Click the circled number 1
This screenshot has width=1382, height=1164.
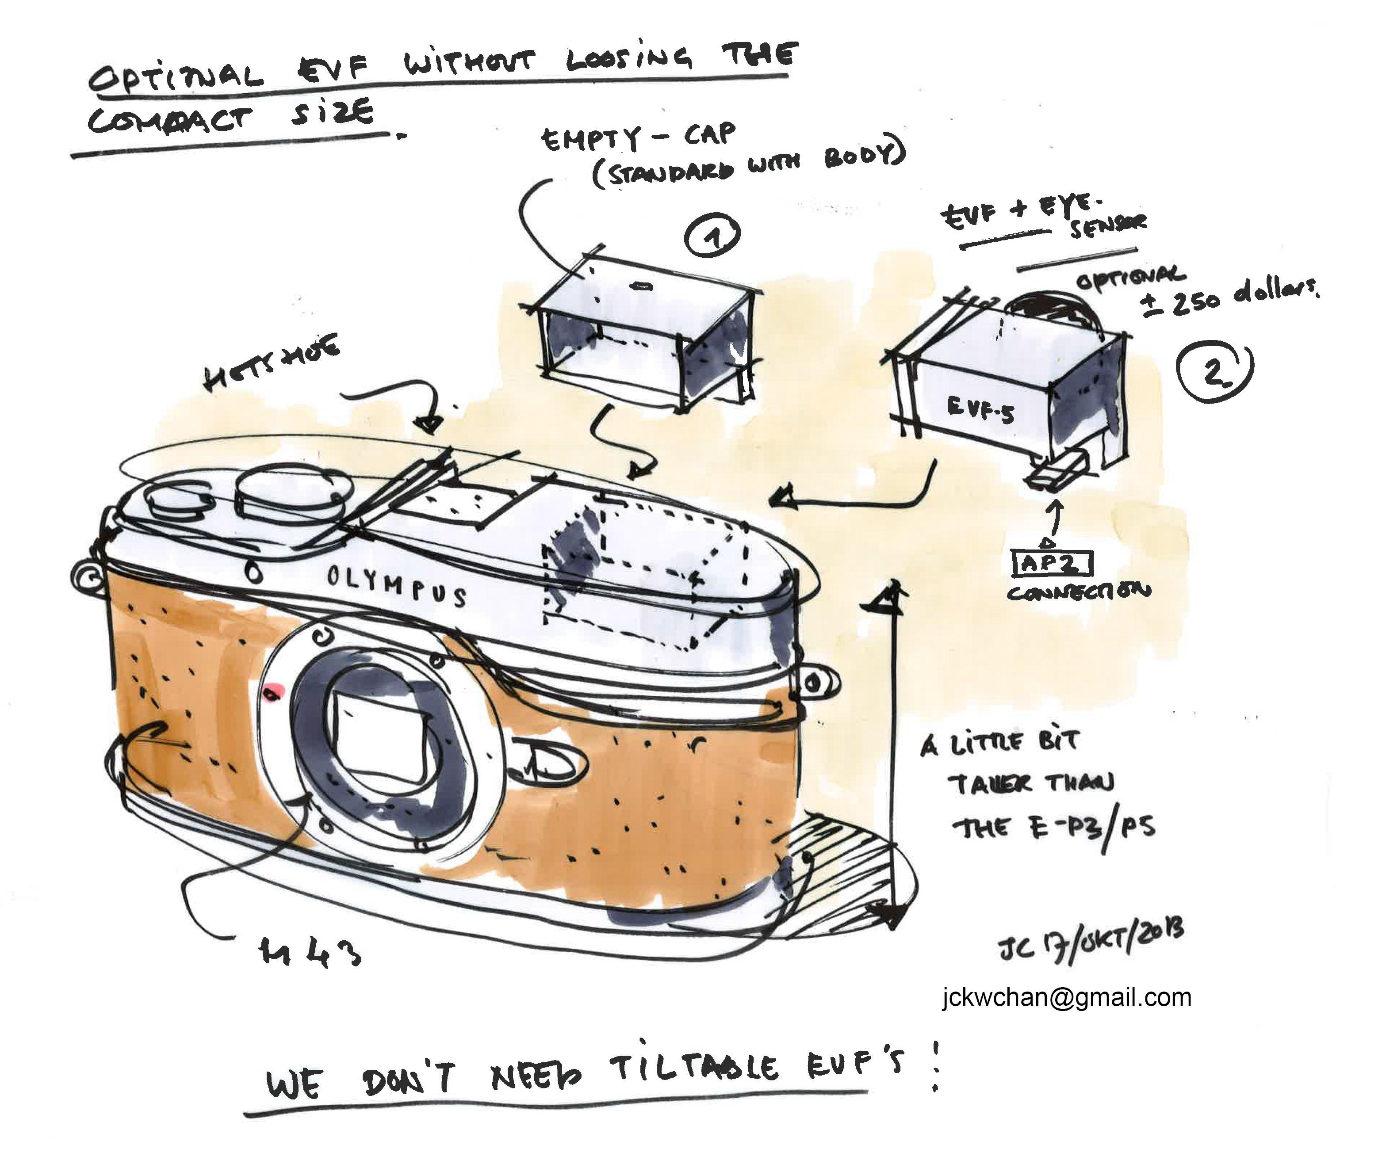pyautogui.click(x=712, y=236)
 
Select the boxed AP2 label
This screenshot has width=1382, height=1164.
pyautogui.click(x=1052, y=564)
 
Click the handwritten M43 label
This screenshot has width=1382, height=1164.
pyautogui.click(x=310, y=952)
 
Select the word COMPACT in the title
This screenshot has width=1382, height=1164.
pyautogui.click(x=170, y=120)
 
